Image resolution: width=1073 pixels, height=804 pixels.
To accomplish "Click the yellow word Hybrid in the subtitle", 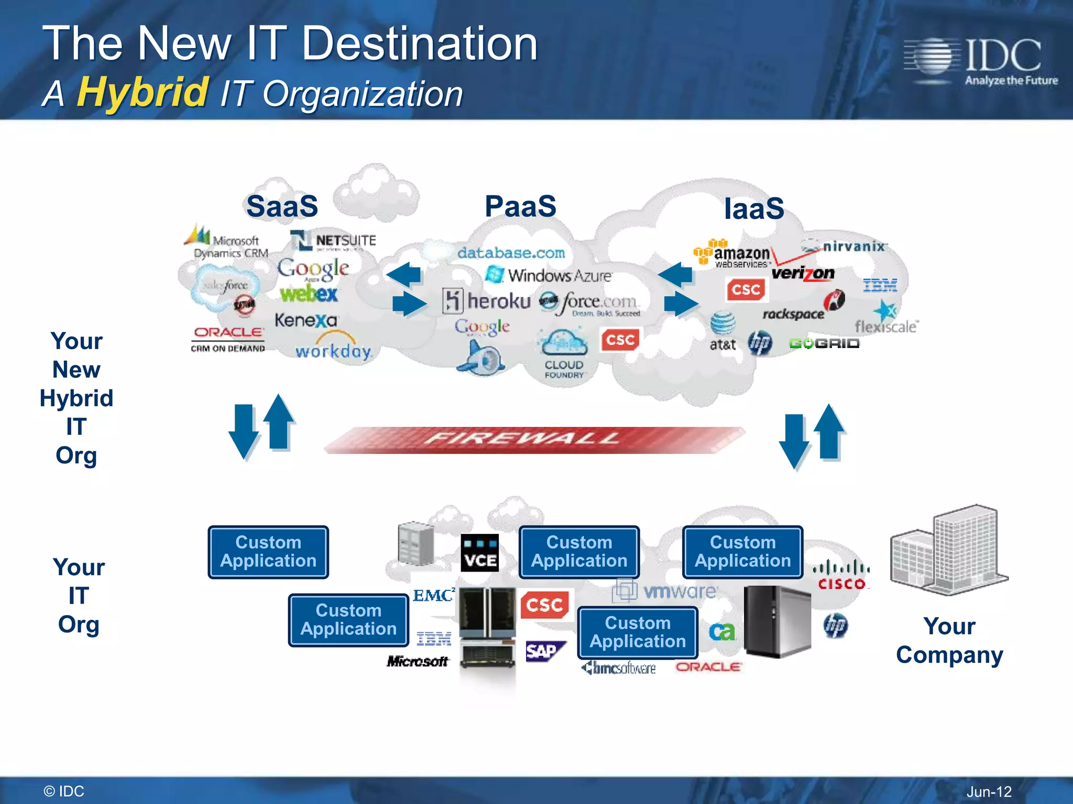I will [x=143, y=92].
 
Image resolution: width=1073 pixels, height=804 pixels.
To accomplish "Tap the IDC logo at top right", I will [x=980, y=61].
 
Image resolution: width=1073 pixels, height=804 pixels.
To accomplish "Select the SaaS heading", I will [x=282, y=206].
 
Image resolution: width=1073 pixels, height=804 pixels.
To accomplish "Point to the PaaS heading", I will [x=520, y=206].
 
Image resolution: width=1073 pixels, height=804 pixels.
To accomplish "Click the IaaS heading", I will [x=754, y=208].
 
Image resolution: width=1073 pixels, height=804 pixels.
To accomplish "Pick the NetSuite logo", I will [x=334, y=241].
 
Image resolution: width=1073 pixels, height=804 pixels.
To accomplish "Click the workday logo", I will [x=333, y=350].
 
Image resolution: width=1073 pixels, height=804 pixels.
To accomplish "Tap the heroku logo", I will [x=487, y=301].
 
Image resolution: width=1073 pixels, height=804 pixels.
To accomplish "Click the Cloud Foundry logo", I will [x=564, y=354].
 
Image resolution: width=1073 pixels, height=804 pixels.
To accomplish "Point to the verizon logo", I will [x=803, y=273].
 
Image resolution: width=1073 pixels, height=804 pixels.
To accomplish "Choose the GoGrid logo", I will [x=824, y=343].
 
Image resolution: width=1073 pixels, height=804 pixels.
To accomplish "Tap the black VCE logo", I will [x=479, y=553].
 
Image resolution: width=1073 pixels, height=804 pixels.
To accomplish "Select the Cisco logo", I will [x=841, y=575].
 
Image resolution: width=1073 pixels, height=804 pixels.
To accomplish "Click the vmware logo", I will [x=665, y=591].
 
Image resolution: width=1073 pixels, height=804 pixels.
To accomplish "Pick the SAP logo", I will [x=544, y=651].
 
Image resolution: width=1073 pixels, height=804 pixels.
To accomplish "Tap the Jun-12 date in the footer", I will [x=989, y=791].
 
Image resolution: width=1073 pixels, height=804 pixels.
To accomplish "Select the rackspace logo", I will [x=794, y=314].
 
